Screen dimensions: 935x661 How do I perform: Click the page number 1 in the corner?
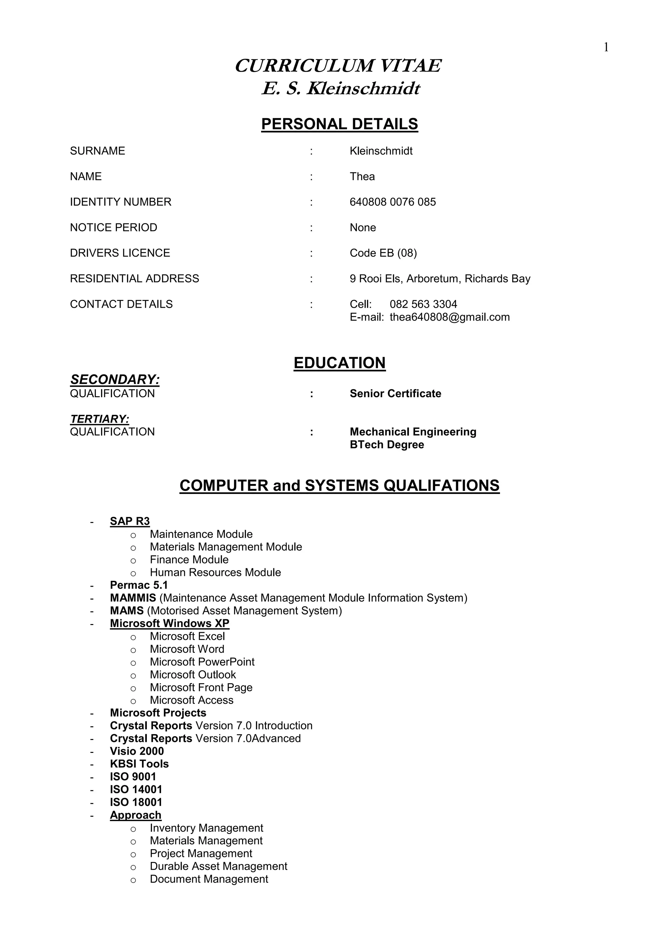[606, 48]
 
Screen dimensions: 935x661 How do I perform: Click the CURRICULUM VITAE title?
[338, 66]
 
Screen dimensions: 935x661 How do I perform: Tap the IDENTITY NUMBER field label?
[120, 202]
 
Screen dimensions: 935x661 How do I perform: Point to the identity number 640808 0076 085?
[392, 202]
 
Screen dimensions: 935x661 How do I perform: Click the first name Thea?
[362, 176]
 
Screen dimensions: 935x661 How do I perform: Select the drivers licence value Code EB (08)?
[383, 253]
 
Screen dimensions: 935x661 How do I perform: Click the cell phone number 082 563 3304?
[423, 304]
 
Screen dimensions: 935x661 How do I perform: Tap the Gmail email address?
[449, 317]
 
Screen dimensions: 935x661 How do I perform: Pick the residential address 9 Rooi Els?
[440, 279]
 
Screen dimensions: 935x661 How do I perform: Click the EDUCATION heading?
[340, 363]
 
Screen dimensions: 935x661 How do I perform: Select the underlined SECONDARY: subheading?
[115, 380]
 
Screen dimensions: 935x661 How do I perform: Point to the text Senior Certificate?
[395, 393]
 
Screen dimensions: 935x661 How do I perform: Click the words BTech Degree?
[387, 445]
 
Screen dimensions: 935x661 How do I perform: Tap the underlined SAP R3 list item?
[130, 521]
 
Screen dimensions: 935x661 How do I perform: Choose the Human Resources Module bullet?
[215, 572]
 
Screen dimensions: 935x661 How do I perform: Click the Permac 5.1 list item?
[139, 585]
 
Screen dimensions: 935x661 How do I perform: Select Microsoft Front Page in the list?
[201, 687]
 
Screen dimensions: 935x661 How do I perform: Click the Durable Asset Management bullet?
[219, 866]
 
